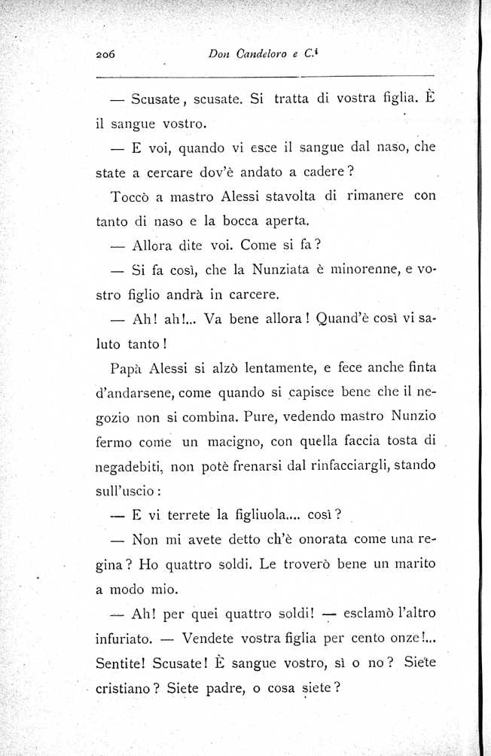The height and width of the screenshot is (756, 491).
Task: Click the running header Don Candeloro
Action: pos(249,54)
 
